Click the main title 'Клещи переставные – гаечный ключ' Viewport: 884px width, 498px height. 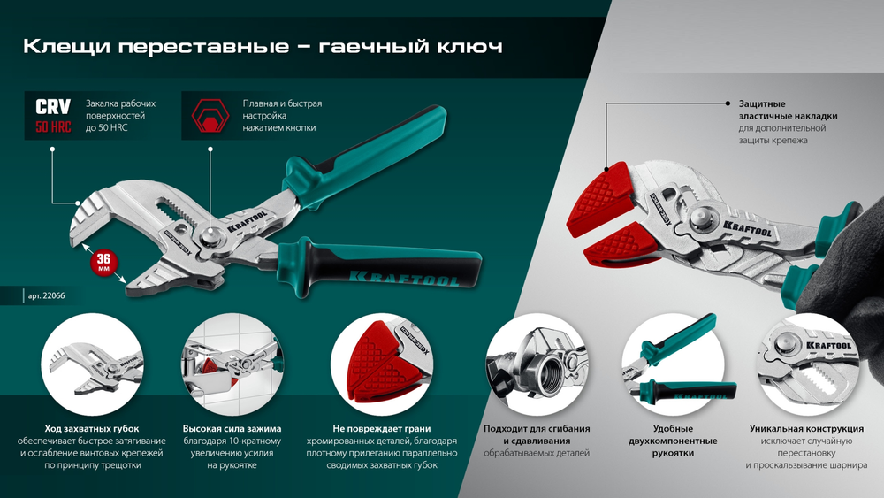coord(263,46)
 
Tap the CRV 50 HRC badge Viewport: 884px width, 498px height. coord(53,116)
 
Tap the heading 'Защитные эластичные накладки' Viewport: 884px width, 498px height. coord(781,110)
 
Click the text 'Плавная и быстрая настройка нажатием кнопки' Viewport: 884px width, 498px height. coord(282,116)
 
